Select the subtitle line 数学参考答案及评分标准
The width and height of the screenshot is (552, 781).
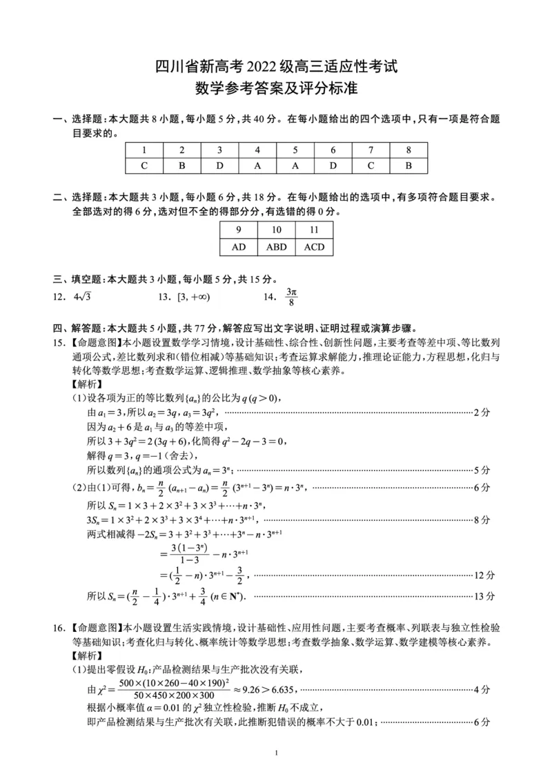(x=275, y=90)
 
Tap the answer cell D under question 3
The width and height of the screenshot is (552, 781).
(x=219, y=166)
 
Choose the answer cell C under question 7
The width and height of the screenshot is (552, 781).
(x=371, y=166)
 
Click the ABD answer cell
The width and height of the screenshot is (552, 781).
(x=276, y=247)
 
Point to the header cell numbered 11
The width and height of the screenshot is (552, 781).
(x=314, y=230)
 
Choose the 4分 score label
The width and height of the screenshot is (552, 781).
(x=482, y=689)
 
